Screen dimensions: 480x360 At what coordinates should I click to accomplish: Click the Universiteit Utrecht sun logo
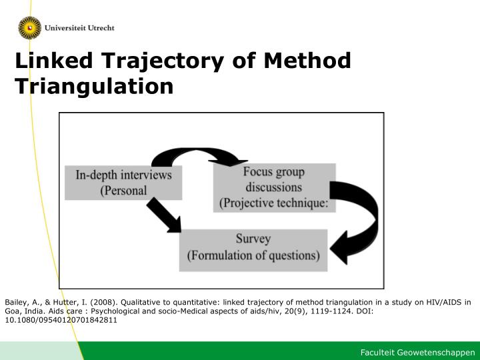tap(30, 28)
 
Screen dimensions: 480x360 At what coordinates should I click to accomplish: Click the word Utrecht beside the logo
tap(101, 28)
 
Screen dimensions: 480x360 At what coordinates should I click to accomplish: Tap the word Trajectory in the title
tap(163, 61)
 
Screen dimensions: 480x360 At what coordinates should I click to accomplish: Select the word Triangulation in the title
tap(94, 87)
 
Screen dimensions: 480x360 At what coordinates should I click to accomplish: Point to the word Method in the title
tap(307, 60)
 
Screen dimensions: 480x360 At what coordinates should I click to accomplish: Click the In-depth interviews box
tap(123, 183)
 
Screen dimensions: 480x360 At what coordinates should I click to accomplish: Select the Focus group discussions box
tap(274, 187)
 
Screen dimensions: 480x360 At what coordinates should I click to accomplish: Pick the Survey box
tap(253, 250)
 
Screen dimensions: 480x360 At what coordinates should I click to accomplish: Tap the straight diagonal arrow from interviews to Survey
tap(164, 215)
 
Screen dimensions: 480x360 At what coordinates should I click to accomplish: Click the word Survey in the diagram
tap(253, 239)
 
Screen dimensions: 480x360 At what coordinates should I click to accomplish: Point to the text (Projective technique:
tap(274, 203)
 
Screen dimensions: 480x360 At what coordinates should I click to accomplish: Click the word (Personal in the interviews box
tap(124, 191)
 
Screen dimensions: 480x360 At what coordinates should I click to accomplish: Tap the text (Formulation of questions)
tap(253, 255)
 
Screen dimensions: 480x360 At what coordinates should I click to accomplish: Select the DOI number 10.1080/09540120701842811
tap(61, 320)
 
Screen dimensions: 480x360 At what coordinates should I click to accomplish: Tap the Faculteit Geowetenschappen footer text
tap(417, 353)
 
